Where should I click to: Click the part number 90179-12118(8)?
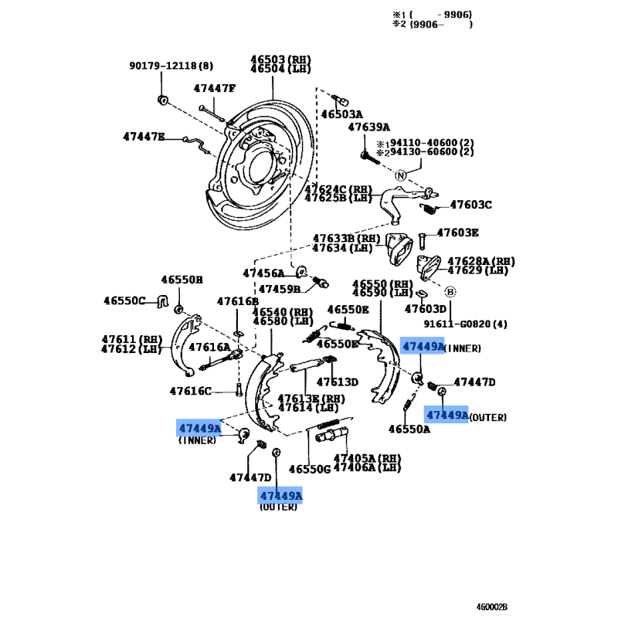point(171,66)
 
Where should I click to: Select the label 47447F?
point(214,88)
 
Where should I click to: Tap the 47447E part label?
point(144,137)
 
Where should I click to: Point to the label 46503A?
point(341,114)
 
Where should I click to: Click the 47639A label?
point(368,127)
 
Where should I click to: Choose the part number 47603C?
point(470,205)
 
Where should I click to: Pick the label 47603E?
point(457,233)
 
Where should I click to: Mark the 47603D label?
point(426,309)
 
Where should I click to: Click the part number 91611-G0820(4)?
point(465,324)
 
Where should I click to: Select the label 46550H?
point(182,280)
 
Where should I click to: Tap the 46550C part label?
point(125,300)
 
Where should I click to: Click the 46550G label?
point(309,469)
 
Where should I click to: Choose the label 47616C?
point(191,391)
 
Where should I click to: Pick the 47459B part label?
point(279,289)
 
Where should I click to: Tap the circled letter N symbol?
point(400,175)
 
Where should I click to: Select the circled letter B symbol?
point(450,292)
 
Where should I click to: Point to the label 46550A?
point(409,429)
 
